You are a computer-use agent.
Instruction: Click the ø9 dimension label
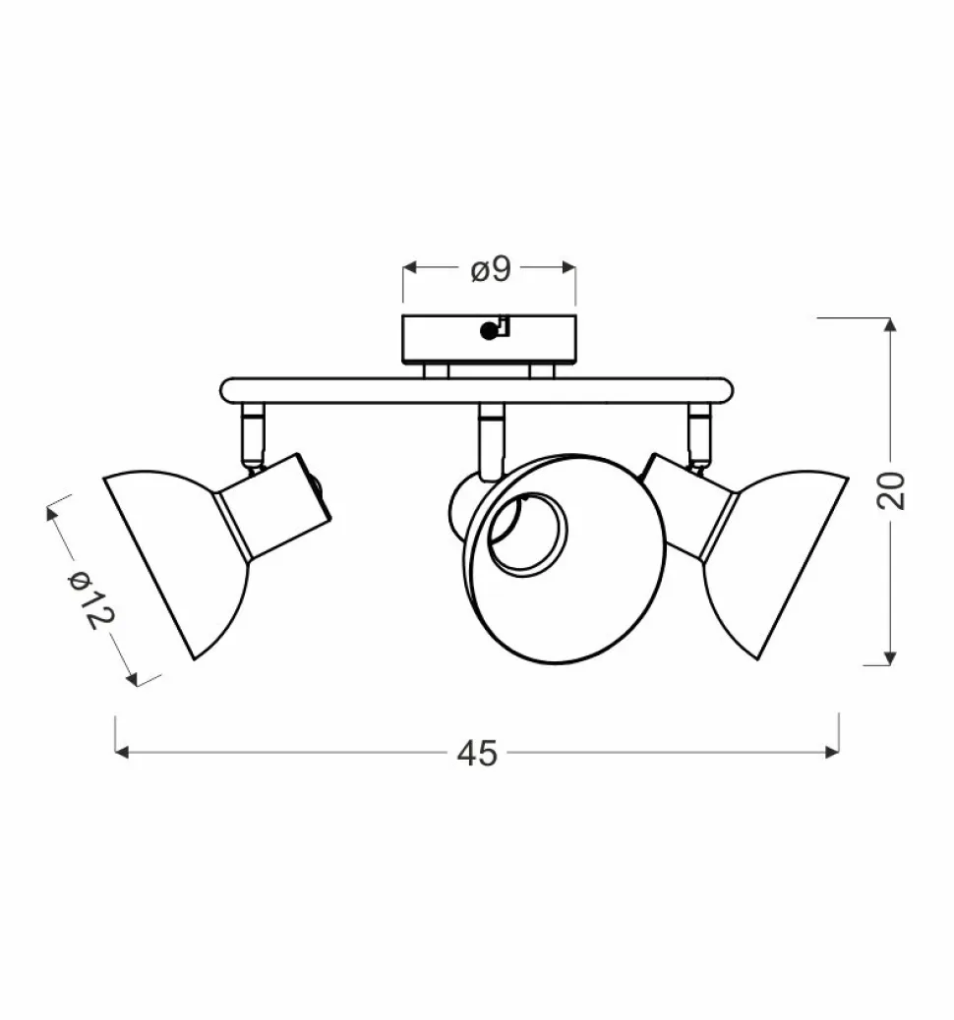pyautogui.click(x=491, y=269)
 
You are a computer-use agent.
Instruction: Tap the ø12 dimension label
pyautogui.click(x=91, y=599)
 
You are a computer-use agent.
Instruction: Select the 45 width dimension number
pyautogui.click(x=477, y=754)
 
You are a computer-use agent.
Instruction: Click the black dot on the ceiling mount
pyautogui.click(x=487, y=331)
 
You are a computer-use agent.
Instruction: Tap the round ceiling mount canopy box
pyautogui.click(x=489, y=340)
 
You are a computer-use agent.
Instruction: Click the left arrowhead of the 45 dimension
pyautogui.click(x=121, y=752)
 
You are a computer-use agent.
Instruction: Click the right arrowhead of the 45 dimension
pyautogui.click(x=832, y=752)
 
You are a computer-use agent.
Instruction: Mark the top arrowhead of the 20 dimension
pyautogui.click(x=890, y=324)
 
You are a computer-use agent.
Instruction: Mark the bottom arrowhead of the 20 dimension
pyautogui.click(x=890, y=658)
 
